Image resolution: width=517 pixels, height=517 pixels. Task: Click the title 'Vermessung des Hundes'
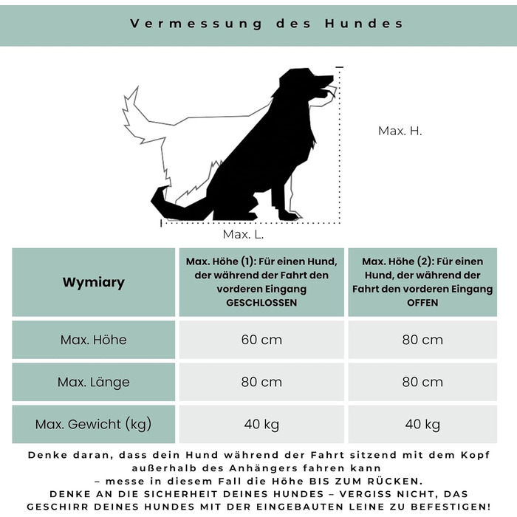point(267,23)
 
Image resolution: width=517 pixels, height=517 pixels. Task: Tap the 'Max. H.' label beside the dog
point(400,131)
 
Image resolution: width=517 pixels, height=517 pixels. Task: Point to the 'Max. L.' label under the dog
point(243,234)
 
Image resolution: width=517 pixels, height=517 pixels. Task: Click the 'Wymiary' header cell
point(94,282)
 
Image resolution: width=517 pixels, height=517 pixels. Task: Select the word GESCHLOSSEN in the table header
point(261,303)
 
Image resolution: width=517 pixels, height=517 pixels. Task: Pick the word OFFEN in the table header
point(422,303)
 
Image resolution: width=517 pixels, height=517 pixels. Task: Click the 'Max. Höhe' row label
point(94,340)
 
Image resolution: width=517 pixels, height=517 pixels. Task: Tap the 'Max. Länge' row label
point(94,382)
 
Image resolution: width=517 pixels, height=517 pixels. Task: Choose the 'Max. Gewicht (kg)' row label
point(94,424)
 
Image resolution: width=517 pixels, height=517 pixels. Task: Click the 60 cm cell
point(261,340)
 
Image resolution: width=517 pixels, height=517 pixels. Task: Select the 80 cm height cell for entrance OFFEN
point(422,340)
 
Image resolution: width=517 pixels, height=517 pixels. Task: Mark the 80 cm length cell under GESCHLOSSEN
point(261,382)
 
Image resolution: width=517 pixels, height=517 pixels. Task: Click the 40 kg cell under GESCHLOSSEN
point(261,424)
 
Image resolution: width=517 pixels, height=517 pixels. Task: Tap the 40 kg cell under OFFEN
point(422,424)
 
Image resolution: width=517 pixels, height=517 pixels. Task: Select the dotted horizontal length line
point(251,221)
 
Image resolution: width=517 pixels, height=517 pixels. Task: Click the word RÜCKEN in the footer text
point(392,481)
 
